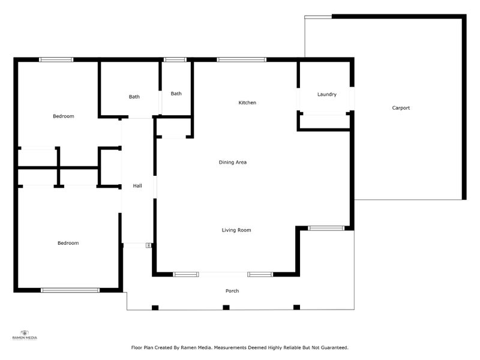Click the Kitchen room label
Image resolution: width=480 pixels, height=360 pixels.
point(247,103)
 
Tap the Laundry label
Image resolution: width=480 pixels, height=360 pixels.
point(327,94)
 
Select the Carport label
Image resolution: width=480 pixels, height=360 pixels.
point(401,108)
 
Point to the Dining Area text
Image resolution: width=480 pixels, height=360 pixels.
point(233,162)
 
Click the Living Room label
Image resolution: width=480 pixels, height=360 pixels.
point(236,230)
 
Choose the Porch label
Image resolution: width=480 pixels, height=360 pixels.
point(232,291)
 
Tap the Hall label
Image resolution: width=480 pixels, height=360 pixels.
point(137,186)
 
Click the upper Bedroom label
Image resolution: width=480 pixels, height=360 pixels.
point(63,116)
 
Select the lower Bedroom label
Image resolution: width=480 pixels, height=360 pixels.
point(68,243)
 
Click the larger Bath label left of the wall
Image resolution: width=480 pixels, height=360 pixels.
point(134,97)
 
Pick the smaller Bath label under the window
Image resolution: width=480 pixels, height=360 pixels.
point(176,93)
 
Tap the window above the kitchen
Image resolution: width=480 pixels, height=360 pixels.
point(241,59)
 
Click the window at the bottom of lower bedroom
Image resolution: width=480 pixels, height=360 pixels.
point(70,290)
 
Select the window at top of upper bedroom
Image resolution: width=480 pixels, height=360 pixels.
point(56,59)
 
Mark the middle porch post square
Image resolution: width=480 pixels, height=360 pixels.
point(226,308)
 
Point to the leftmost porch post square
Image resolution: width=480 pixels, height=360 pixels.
point(155,308)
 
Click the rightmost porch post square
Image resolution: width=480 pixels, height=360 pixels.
point(296,308)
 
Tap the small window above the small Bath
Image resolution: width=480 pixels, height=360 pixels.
point(175,59)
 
